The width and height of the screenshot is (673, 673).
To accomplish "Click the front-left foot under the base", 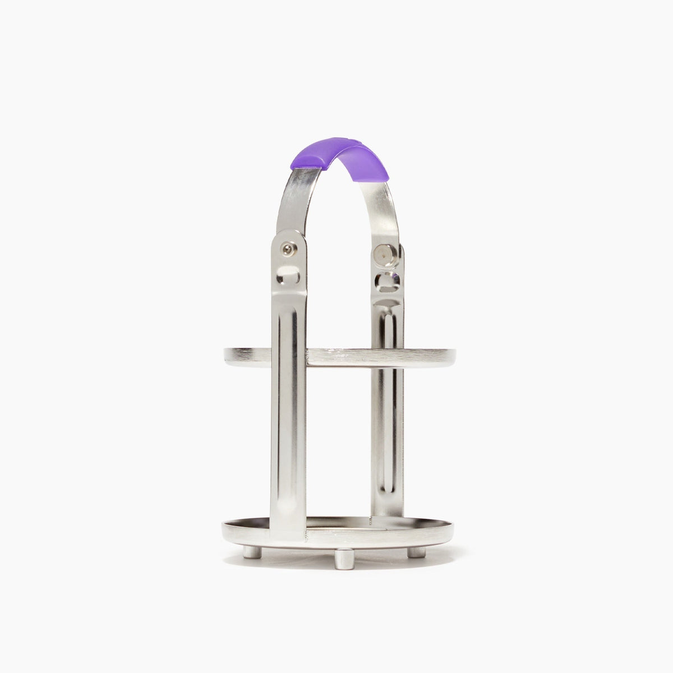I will [x=253, y=552].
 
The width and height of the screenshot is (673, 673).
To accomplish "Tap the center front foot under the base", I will [x=342, y=559].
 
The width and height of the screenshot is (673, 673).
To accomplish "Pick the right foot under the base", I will [x=416, y=552].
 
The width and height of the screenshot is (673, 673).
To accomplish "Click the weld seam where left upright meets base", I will [x=306, y=529].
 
